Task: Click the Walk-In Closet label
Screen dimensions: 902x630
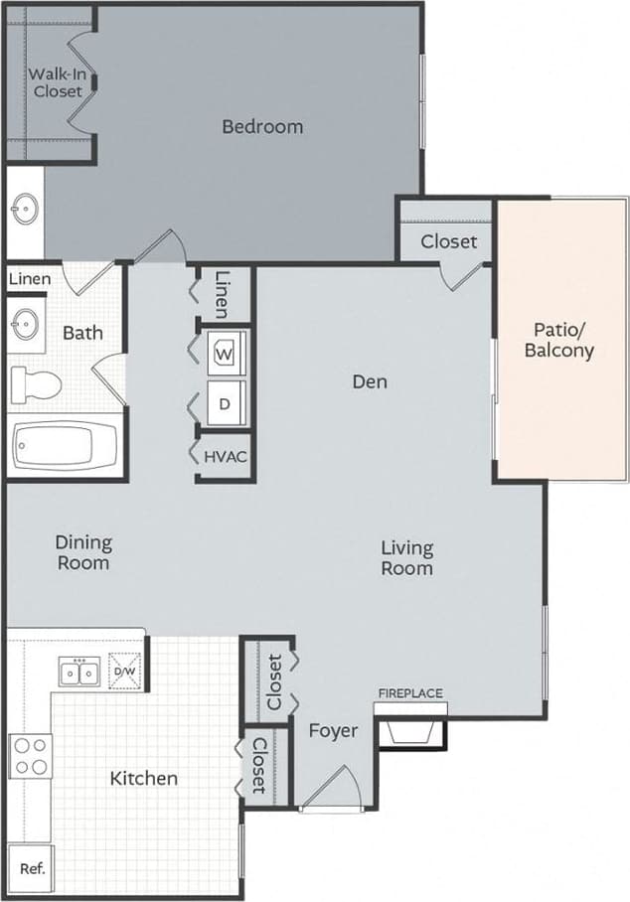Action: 55,82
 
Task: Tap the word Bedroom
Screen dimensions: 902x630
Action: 262,126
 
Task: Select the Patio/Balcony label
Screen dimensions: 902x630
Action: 563,340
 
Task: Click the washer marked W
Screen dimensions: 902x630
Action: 225,352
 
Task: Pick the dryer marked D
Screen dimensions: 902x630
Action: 225,404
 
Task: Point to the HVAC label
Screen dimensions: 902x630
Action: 225,457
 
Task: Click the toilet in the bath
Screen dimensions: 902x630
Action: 36,381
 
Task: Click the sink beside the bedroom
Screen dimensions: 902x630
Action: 25,210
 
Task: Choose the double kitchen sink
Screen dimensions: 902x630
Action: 79,673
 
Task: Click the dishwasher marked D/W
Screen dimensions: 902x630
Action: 126,672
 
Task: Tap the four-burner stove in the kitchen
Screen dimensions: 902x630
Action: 30,755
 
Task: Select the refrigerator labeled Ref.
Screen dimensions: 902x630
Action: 32,867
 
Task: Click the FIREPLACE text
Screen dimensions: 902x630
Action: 409,693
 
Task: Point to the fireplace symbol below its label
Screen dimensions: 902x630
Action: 409,733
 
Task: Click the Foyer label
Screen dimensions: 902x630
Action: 333,731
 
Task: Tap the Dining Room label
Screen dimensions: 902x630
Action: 83,552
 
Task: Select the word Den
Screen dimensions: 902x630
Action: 370,381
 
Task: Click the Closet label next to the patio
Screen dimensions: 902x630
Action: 448,241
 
